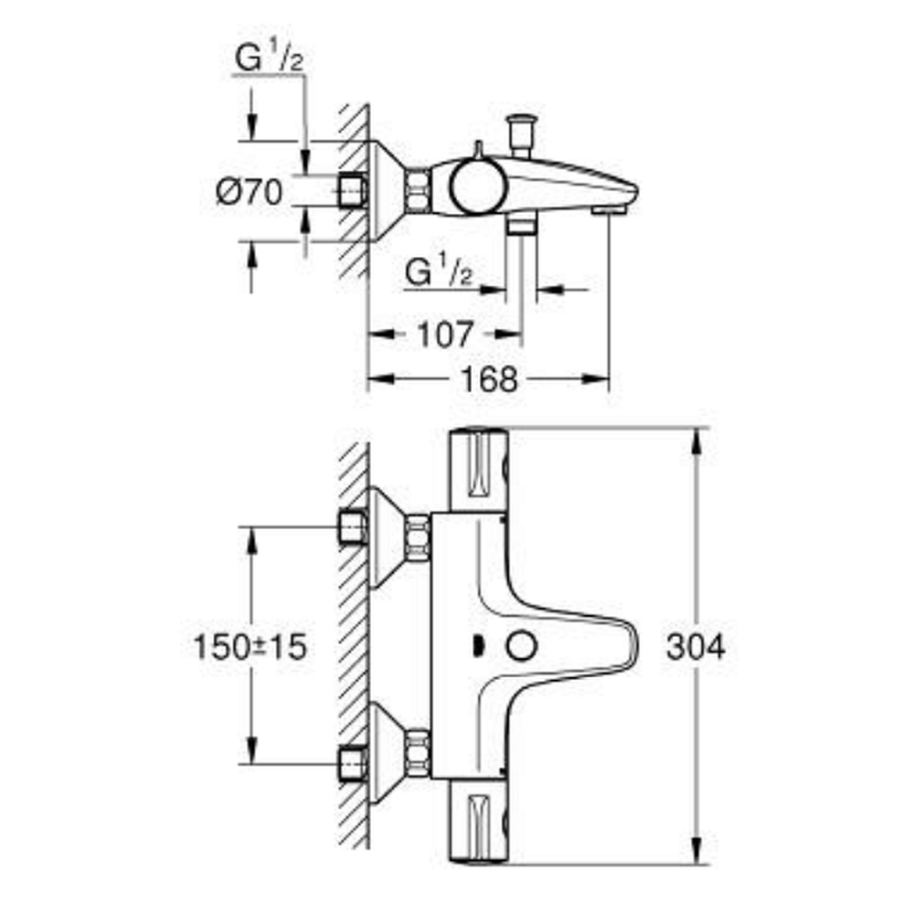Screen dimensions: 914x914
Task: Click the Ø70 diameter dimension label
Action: point(249,192)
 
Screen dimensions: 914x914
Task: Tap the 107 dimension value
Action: point(444,335)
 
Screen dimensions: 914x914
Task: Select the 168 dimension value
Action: point(489,379)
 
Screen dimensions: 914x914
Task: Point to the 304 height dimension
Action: point(696,647)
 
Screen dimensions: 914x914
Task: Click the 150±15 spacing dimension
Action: point(250,647)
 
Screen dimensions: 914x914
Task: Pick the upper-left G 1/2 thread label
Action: point(269,58)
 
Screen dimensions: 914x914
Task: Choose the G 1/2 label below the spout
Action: point(439,271)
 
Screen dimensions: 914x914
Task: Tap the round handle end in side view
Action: point(478,186)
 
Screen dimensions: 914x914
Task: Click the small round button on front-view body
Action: point(521,647)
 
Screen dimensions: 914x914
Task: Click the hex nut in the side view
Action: point(419,191)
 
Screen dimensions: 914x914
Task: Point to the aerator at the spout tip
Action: point(609,210)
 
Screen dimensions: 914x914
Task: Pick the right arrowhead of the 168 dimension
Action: point(596,379)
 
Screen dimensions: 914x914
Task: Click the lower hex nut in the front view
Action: point(419,753)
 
